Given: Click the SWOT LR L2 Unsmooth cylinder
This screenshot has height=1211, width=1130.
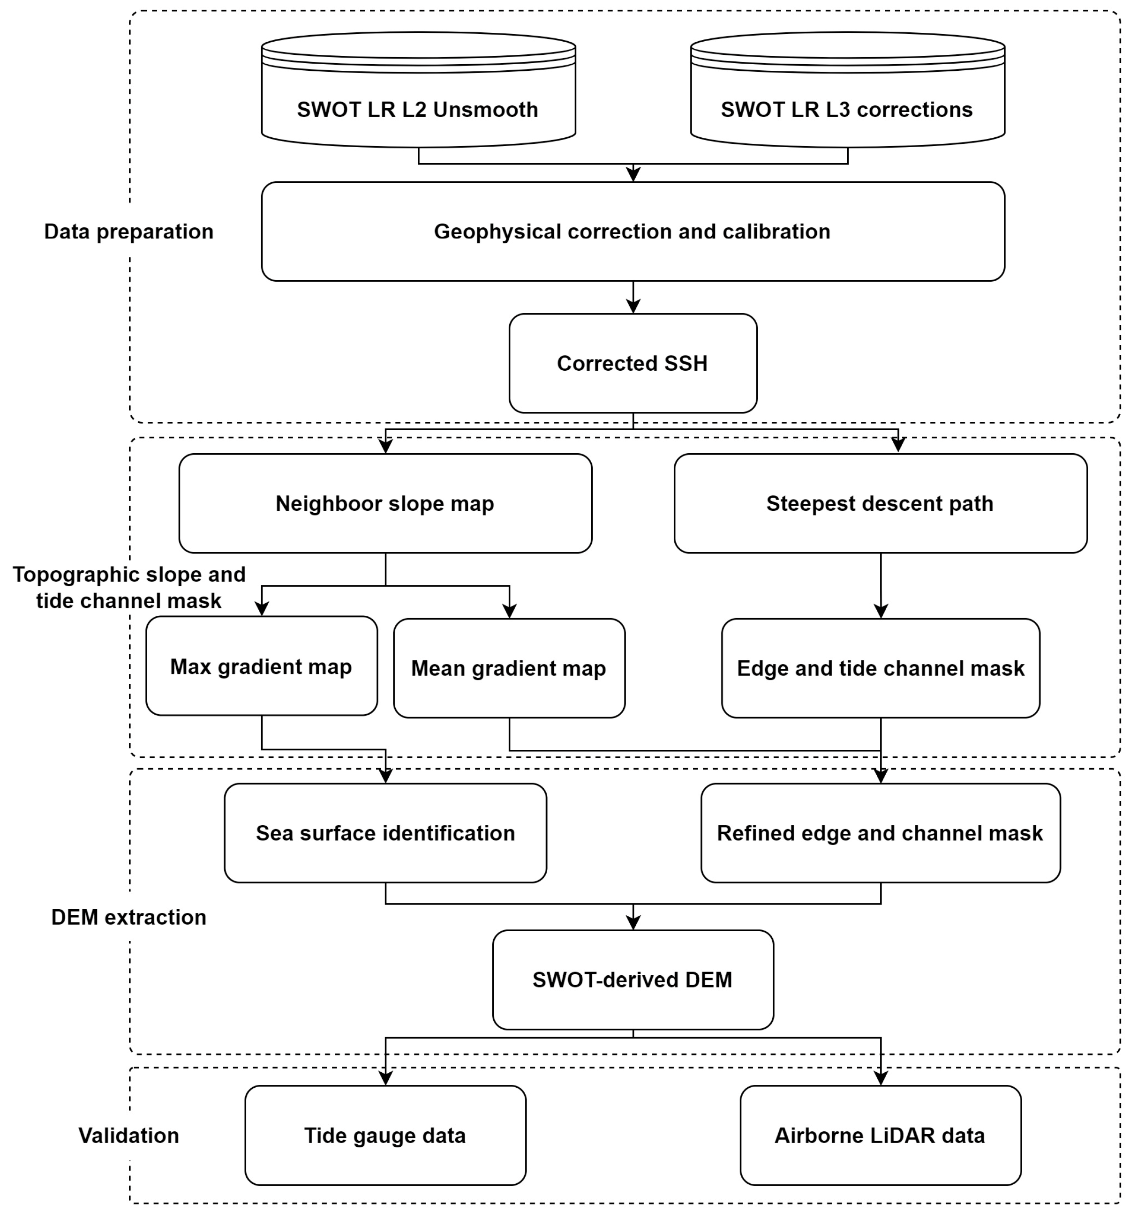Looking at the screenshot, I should (418, 97).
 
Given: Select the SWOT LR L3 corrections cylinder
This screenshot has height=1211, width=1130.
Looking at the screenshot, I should (847, 97).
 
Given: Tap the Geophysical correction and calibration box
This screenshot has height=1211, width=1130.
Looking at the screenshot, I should (633, 232).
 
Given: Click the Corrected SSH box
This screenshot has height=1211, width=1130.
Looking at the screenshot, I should (633, 363).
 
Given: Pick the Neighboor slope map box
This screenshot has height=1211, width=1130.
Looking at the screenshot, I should (385, 503).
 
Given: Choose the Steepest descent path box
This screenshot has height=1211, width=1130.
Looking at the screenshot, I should (880, 503).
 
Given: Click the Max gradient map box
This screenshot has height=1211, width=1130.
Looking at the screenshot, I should (262, 666).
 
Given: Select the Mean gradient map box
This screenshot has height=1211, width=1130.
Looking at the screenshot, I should (509, 668).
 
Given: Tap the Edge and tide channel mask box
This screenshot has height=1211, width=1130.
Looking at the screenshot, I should (880, 668).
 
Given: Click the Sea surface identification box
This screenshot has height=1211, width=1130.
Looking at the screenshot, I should (385, 833).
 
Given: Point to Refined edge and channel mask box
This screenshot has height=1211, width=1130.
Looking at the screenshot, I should (880, 833).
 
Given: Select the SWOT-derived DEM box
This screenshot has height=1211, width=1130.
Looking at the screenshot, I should (633, 979).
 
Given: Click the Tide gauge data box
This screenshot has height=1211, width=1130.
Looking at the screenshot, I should (385, 1136).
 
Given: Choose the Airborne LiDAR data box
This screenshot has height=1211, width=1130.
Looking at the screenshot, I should (880, 1136).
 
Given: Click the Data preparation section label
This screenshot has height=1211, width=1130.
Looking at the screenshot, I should (128, 232).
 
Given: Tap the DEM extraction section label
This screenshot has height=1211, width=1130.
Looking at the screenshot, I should (128, 917).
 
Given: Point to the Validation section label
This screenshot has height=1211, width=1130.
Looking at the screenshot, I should (128, 1136).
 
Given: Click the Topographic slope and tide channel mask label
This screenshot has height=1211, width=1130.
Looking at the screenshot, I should (128, 587).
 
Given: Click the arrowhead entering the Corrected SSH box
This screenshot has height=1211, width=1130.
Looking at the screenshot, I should (633, 306).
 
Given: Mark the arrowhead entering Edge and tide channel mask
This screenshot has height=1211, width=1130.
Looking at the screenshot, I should (881, 611).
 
